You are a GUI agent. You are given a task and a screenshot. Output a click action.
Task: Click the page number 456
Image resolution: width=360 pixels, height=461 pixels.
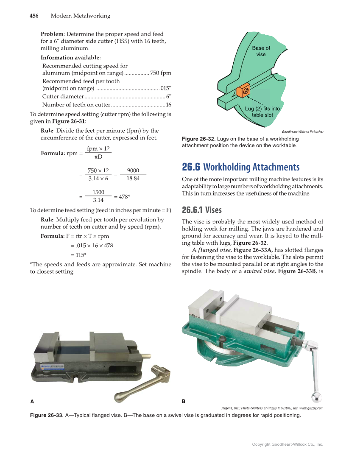(x=34, y=16)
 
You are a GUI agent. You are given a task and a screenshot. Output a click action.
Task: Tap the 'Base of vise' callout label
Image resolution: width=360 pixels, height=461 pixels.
(x=261, y=51)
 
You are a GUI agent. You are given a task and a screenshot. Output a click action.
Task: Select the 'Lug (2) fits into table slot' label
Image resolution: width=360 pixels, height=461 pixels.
(x=262, y=112)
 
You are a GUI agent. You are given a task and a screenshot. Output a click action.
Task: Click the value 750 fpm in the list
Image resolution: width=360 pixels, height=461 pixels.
(x=160, y=73)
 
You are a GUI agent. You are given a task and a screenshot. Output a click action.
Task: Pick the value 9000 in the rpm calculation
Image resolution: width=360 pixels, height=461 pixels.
(x=133, y=170)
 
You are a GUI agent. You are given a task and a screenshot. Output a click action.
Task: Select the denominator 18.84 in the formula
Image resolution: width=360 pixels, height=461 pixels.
(x=133, y=179)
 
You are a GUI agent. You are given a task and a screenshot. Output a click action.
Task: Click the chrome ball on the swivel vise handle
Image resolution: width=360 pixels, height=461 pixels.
(x=316, y=397)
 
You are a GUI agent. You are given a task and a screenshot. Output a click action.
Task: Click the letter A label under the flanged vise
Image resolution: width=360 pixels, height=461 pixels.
(x=32, y=401)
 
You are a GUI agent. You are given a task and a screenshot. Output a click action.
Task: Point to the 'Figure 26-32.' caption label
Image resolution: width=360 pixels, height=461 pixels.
(x=198, y=139)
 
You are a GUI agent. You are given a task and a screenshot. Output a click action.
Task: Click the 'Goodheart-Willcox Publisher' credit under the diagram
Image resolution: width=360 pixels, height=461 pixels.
(x=302, y=132)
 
